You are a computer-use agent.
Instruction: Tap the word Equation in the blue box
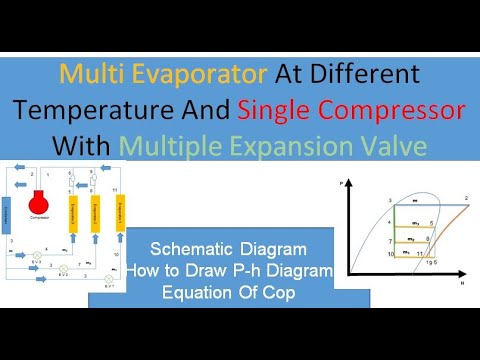pos(193,291)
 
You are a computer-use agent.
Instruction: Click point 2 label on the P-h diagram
pos(465,200)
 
